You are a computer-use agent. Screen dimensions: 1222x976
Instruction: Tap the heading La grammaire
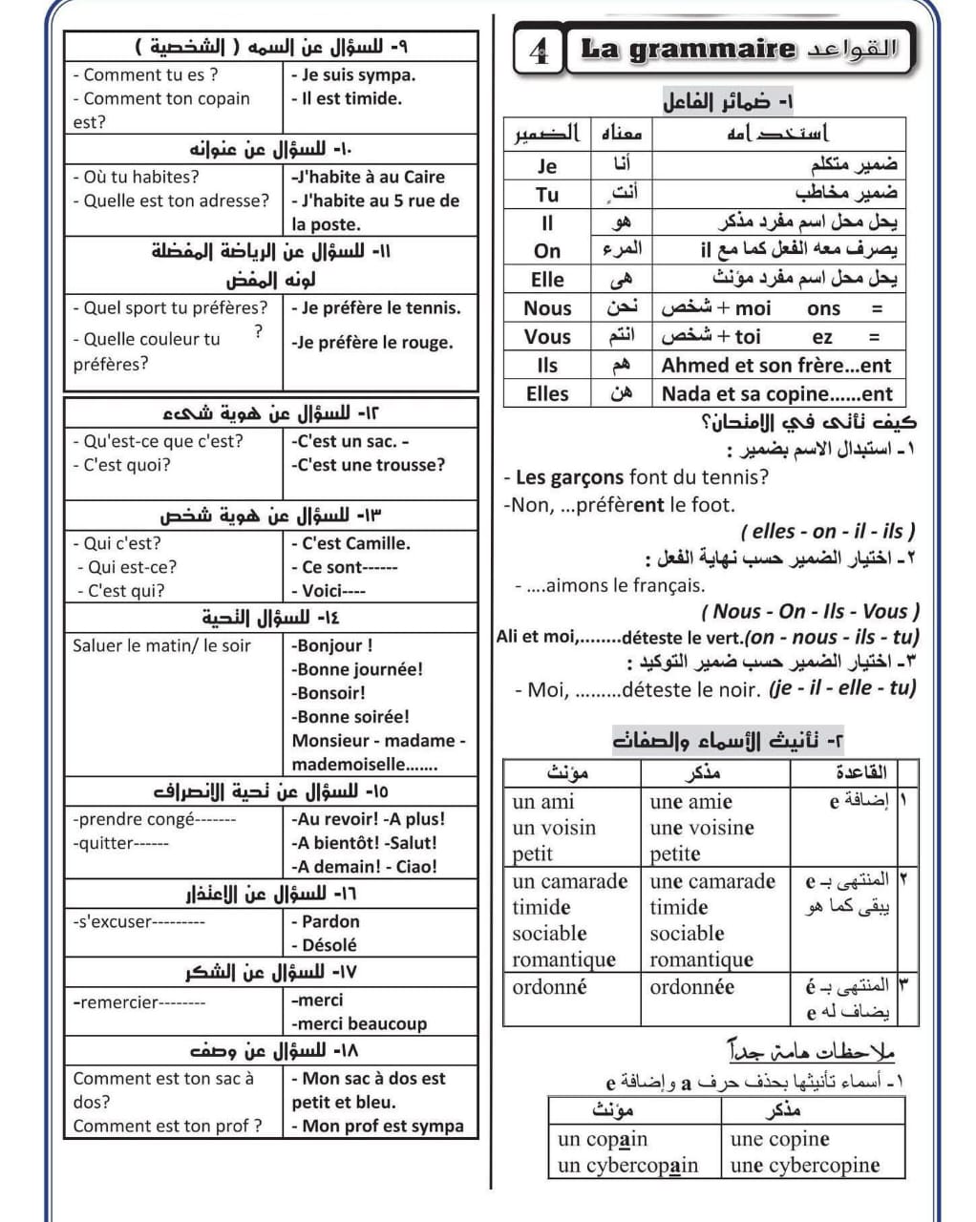tap(688, 49)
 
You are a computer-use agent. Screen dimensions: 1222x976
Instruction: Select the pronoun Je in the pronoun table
tap(546, 165)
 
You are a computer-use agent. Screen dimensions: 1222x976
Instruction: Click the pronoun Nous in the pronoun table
tap(546, 308)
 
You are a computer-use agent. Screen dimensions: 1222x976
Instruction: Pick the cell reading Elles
tap(546, 393)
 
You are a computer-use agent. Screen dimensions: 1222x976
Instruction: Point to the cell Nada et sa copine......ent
tap(776, 393)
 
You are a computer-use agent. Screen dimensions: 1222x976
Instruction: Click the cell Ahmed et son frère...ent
tap(775, 365)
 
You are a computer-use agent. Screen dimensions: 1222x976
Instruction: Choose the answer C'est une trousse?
tap(371, 465)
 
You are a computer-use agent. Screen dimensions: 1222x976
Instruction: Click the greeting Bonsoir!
tap(330, 693)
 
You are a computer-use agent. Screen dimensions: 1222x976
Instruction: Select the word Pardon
tap(330, 921)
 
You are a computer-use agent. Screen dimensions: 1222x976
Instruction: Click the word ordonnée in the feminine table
tap(692, 987)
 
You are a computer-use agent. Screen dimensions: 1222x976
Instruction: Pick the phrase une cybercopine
tap(805, 1166)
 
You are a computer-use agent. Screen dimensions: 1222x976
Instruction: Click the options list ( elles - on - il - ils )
tap(827, 531)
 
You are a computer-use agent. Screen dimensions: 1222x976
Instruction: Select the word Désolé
tap(329, 945)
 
